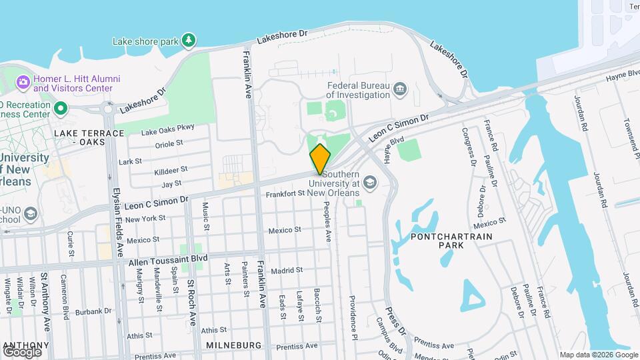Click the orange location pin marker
tap(320, 159)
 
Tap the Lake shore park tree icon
tap(189, 41)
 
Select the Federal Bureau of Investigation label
tap(359, 90)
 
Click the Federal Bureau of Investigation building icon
tap(400, 89)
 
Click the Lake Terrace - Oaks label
tap(89, 137)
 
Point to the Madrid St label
tap(287, 271)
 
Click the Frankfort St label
tap(285, 194)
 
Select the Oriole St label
tap(169, 143)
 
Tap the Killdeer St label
tap(171, 170)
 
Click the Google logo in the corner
tap(22, 351)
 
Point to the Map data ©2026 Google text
tap(598, 355)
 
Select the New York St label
tap(145, 219)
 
